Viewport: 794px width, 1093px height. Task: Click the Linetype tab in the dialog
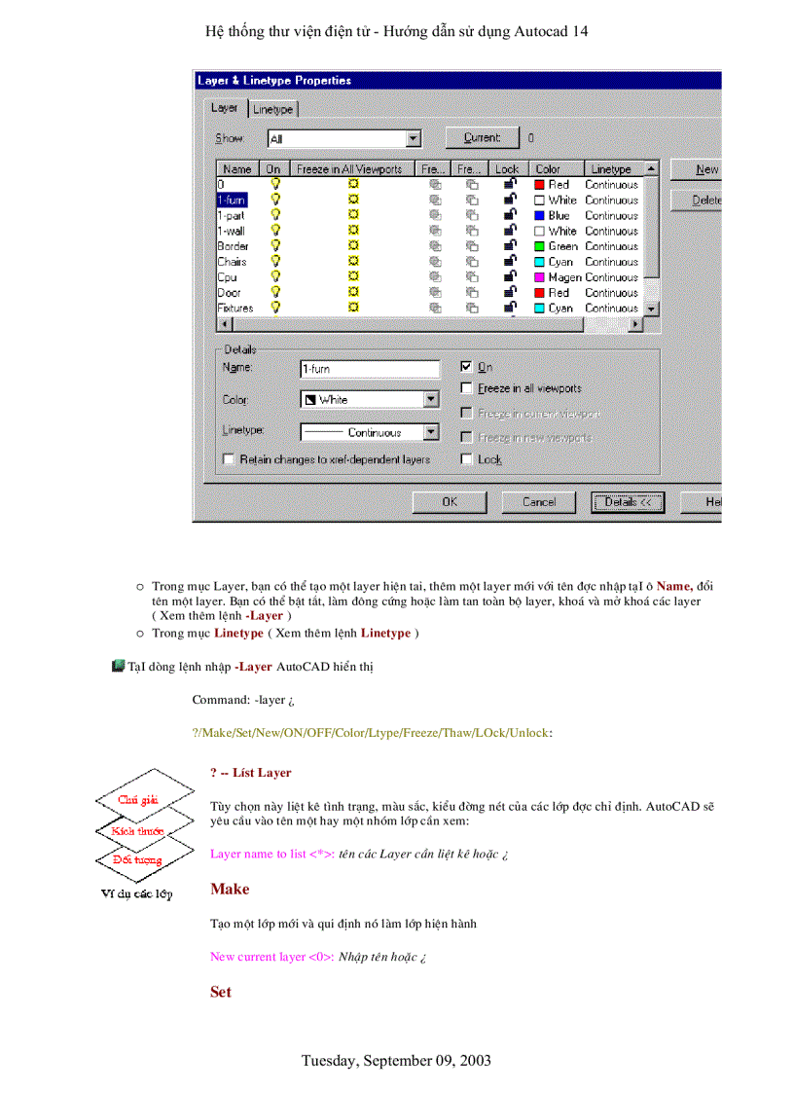pyautogui.click(x=272, y=110)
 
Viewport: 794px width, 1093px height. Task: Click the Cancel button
pyautogui.click(x=538, y=502)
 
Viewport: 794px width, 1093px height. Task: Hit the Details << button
pyautogui.click(x=627, y=502)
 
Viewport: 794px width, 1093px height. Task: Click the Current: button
pyautogui.click(x=482, y=138)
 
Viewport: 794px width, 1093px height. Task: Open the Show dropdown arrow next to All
pyautogui.click(x=414, y=139)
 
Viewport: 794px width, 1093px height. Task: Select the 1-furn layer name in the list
pyautogui.click(x=232, y=200)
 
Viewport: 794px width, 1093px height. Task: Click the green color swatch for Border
pyautogui.click(x=539, y=246)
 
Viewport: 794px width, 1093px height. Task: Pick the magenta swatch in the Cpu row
pyautogui.click(x=539, y=277)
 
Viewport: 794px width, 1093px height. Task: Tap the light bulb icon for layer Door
pyautogui.click(x=275, y=292)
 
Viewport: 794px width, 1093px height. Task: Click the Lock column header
pyautogui.click(x=507, y=168)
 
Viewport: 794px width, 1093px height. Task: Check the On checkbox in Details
pyautogui.click(x=466, y=367)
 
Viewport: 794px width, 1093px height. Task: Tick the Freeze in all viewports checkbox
pyautogui.click(x=466, y=388)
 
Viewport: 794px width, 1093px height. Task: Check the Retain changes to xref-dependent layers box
pyautogui.click(x=229, y=459)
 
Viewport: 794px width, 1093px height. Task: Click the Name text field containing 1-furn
pyautogui.click(x=370, y=369)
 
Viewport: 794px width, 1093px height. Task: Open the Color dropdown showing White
pyautogui.click(x=431, y=399)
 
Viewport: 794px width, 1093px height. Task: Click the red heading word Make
pyautogui.click(x=230, y=890)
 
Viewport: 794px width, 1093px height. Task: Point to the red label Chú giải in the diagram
pyautogui.click(x=140, y=799)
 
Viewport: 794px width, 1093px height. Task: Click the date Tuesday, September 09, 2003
pyautogui.click(x=396, y=1060)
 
